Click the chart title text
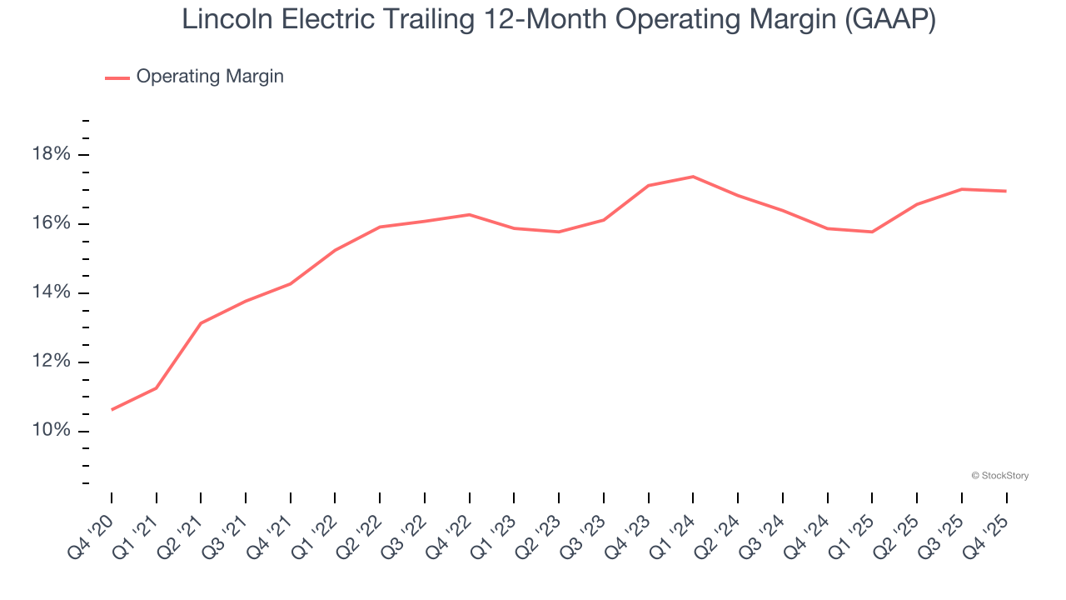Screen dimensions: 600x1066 [558, 20]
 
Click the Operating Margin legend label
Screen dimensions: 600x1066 [210, 77]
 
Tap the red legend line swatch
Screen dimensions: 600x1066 [117, 77]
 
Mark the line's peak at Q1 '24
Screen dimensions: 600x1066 [693, 177]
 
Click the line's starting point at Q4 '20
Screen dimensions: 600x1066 [112, 409]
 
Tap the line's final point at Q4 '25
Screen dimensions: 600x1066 [1006, 191]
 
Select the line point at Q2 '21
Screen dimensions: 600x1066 [201, 323]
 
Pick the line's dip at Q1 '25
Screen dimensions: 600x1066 [872, 232]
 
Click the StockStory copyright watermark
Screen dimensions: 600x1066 [1000, 476]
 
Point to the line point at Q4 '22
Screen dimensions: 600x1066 [470, 215]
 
